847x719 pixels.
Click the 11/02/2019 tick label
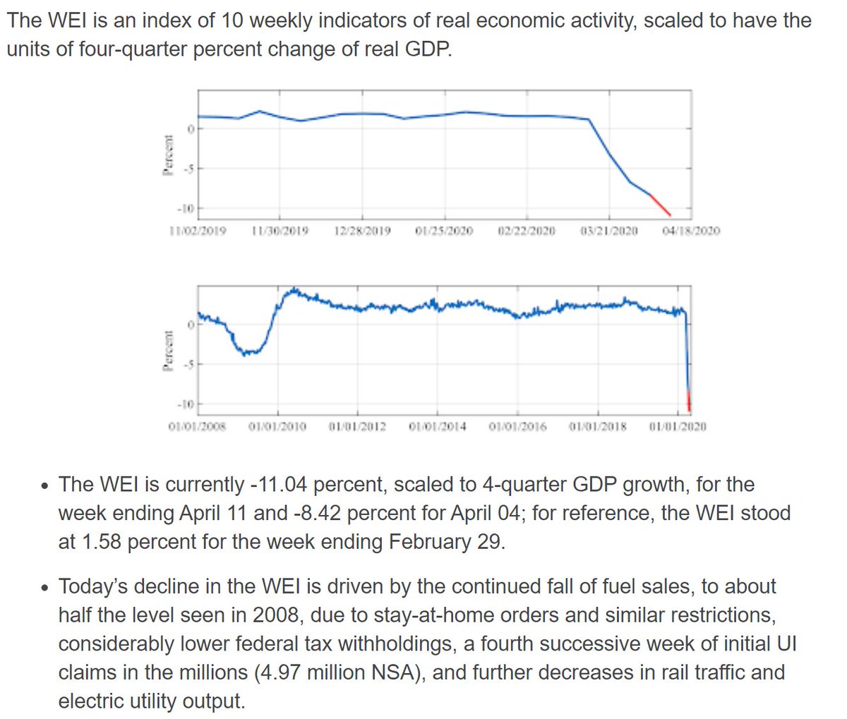pyautogui.click(x=198, y=231)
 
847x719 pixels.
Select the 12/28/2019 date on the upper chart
pyautogui.click(x=363, y=231)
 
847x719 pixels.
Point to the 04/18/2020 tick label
pyautogui.click(x=692, y=231)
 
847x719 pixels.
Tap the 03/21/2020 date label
pyautogui.click(x=609, y=231)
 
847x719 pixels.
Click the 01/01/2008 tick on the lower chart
pyautogui.click(x=198, y=427)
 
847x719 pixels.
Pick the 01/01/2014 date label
pyautogui.click(x=438, y=427)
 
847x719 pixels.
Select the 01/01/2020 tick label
pyautogui.click(x=678, y=427)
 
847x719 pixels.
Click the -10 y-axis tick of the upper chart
pyautogui.click(x=186, y=209)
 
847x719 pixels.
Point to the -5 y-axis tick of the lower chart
pyautogui.click(x=187, y=364)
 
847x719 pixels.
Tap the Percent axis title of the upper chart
pyautogui.click(x=168, y=156)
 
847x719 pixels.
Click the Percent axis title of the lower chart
pyautogui.click(x=168, y=351)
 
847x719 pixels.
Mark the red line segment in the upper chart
pyautogui.click(x=661, y=205)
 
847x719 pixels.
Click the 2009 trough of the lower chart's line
pyautogui.click(x=246, y=352)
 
